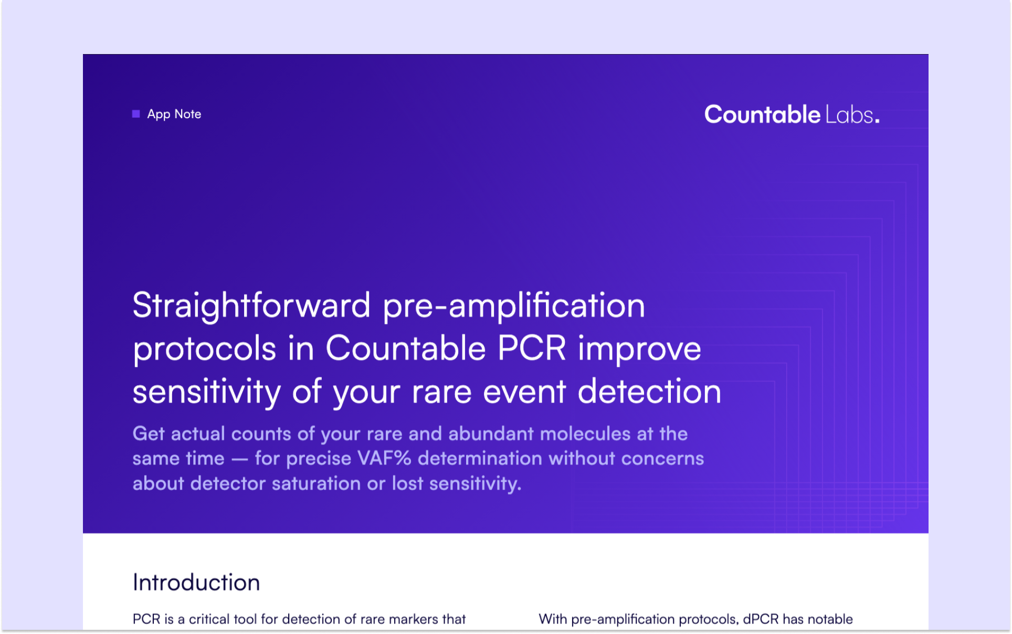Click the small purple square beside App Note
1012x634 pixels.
[136, 114]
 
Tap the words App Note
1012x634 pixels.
[174, 114]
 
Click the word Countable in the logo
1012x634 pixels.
[762, 114]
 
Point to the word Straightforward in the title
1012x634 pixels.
[251, 306]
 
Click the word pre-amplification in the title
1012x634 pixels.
[514, 306]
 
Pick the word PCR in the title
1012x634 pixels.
[532, 348]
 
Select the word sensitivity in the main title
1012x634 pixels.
[207, 392]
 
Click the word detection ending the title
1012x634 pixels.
[650, 392]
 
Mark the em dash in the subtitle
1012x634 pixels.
[240, 460]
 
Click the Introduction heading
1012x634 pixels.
[196, 583]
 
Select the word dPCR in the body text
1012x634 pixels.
[761, 619]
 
